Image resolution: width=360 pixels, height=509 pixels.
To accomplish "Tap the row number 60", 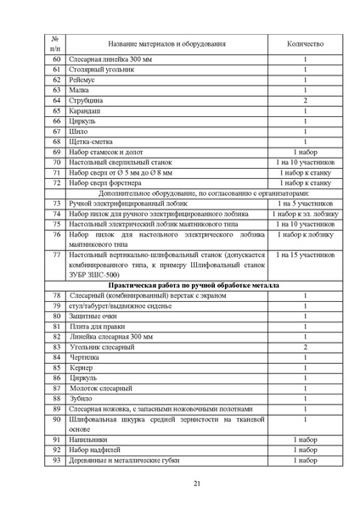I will (x=57, y=59).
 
